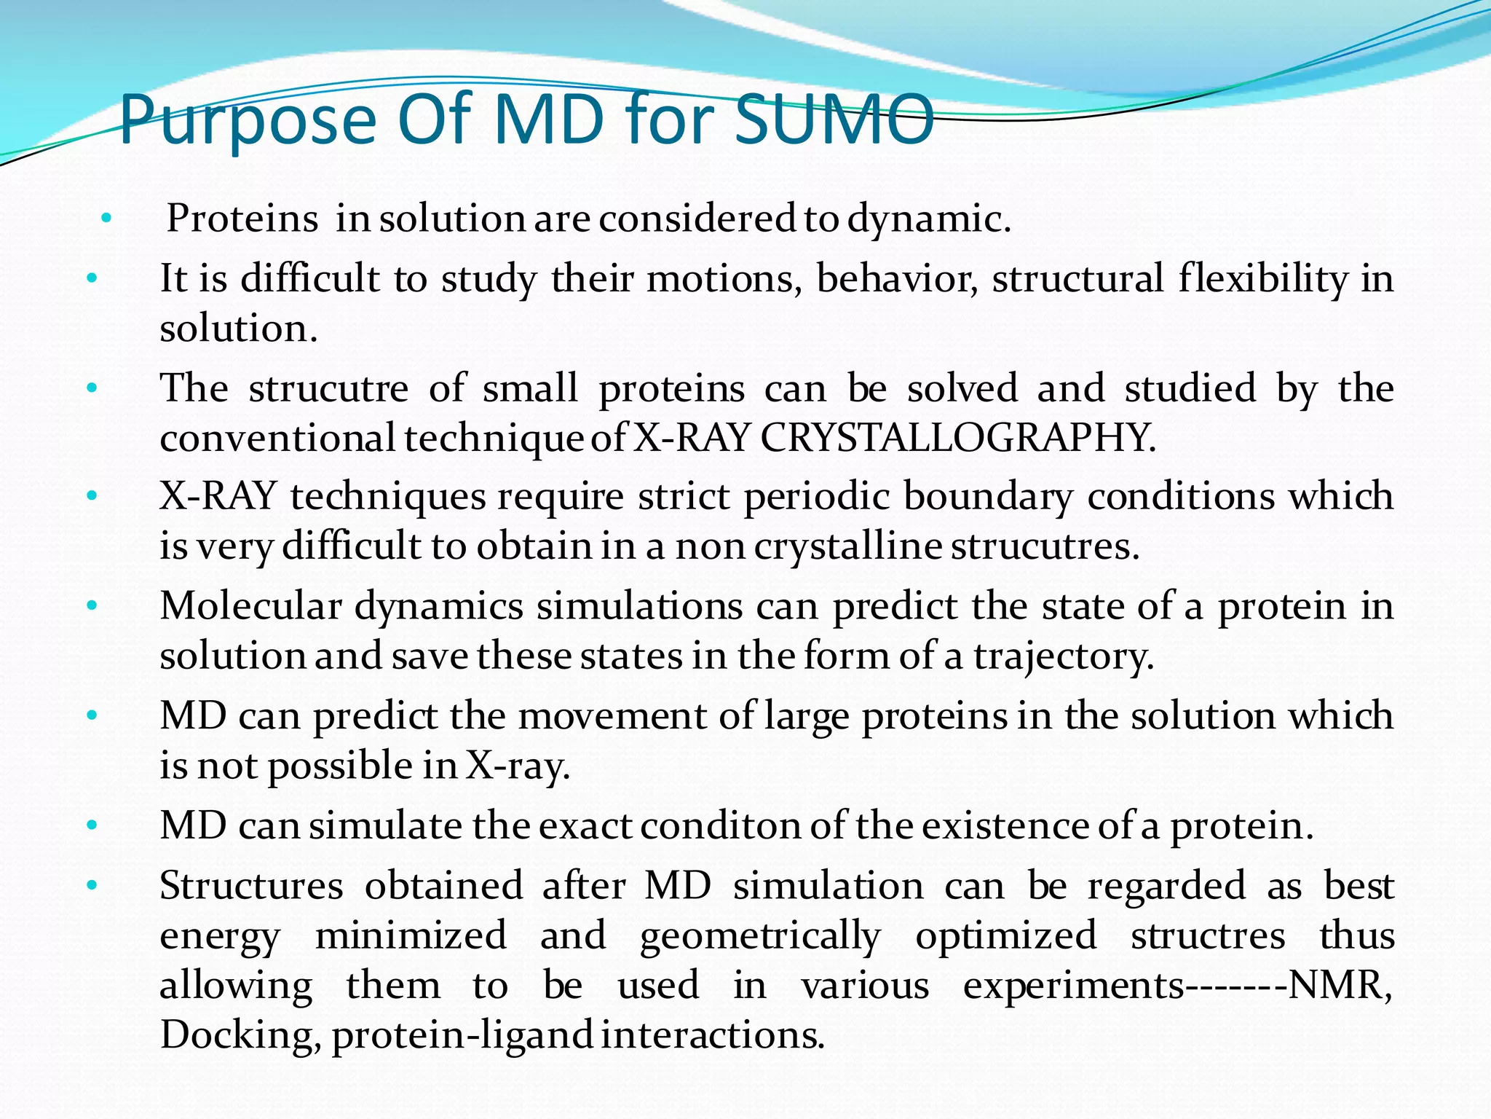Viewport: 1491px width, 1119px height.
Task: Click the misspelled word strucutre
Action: [328, 388]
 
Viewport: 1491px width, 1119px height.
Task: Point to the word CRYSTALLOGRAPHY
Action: [957, 438]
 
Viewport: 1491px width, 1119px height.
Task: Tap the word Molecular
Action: [250, 606]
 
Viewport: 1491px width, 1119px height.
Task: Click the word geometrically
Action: [760, 936]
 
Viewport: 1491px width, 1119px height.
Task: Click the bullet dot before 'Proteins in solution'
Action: [106, 218]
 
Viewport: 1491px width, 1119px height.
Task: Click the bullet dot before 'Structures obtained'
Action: [91, 886]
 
